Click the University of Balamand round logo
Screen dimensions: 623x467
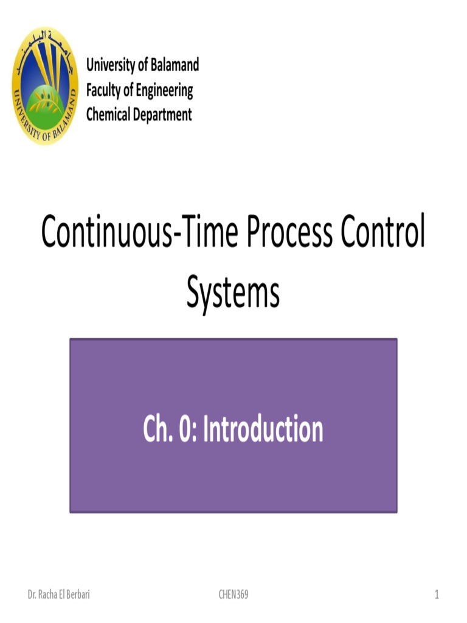point(45,85)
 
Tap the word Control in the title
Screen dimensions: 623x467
point(382,234)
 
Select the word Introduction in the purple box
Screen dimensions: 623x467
point(263,430)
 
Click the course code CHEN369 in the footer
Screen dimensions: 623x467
point(233,594)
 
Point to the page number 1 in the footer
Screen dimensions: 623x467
point(437,594)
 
